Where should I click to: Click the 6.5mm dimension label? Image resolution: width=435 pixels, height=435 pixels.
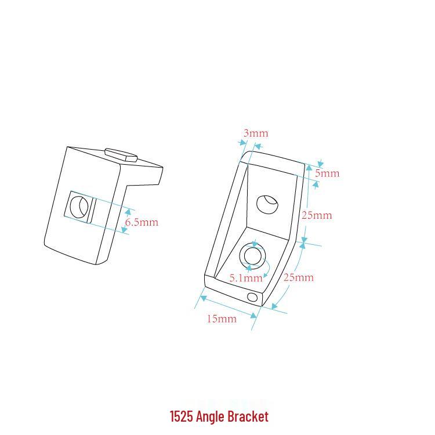(x=142, y=222)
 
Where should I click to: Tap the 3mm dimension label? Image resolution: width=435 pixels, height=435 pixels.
(x=256, y=133)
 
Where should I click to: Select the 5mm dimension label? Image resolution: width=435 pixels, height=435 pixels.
(x=327, y=173)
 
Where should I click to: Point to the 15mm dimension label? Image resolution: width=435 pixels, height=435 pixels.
(x=222, y=318)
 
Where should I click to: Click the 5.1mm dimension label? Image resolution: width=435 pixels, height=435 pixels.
(x=246, y=278)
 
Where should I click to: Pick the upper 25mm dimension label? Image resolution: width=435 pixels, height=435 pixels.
(x=317, y=215)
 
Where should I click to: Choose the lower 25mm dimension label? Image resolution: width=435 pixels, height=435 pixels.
(x=299, y=277)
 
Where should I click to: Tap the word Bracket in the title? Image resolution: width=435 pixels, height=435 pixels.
(x=248, y=416)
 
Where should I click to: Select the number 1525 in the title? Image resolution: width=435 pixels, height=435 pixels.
(x=181, y=416)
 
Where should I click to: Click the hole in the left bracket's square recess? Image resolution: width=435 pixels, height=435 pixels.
(x=79, y=206)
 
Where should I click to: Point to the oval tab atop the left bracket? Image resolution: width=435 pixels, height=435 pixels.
(x=121, y=154)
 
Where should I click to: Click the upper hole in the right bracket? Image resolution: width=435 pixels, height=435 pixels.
(x=267, y=204)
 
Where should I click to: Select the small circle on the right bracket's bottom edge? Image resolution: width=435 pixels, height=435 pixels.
(x=252, y=297)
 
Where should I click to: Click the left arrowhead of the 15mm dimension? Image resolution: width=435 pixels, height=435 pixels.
(x=203, y=298)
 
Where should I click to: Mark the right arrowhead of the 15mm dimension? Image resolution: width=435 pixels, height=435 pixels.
(x=254, y=316)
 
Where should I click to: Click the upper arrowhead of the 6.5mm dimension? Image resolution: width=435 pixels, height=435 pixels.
(x=128, y=213)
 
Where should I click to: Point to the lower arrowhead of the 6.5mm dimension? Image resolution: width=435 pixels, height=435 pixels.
(x=124, y=230)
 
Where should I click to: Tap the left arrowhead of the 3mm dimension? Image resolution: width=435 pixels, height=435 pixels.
(x=243, y=143)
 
